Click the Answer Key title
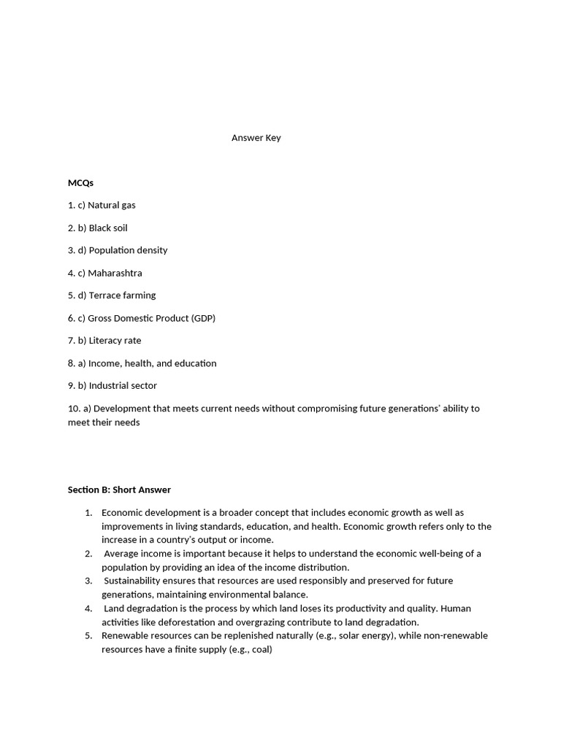tap(256, 138)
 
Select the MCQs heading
tap(80, 182)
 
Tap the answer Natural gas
tap(112, 205)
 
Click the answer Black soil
tap(108, 228)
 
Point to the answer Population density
tap(128, 250)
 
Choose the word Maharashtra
tap(115, 273)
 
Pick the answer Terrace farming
tap(122, 295)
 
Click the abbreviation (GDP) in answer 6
tap(202, 318)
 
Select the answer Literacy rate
tap(115, 341)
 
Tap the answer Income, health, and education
tap(152, 363)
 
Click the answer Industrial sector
tap(123, 385)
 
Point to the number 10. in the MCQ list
tap(75, 409)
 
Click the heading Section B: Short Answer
tap(119, 489)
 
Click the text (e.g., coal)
tap(249, 649)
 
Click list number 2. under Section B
tap(88, 554)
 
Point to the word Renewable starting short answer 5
tap(123, 635)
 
